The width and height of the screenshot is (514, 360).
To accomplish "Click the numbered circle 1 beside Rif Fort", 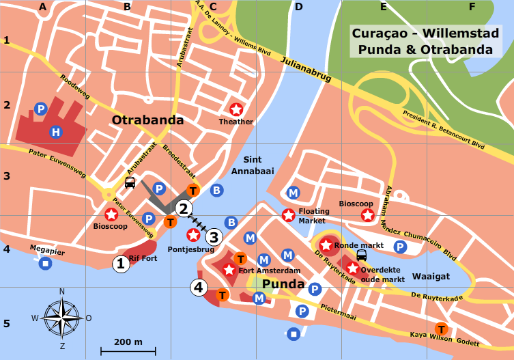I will point(121,264).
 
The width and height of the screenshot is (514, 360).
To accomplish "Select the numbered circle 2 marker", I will point(182,209).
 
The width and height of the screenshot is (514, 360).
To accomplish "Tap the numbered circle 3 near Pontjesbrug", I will point(214,237).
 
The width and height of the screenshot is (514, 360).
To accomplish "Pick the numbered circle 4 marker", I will point(199,288).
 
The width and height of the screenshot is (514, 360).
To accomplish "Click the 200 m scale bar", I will point(128,351).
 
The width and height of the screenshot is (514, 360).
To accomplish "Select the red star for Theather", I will point(236,109).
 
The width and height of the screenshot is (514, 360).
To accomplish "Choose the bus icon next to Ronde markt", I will point(362,255).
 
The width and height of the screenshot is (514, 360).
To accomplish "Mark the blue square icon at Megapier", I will point(45,263).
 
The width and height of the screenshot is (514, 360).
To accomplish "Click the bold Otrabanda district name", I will point(147,120).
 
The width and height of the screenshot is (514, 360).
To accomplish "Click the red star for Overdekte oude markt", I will point(352,268).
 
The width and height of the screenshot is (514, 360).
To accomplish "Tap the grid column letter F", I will point(472,8).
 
